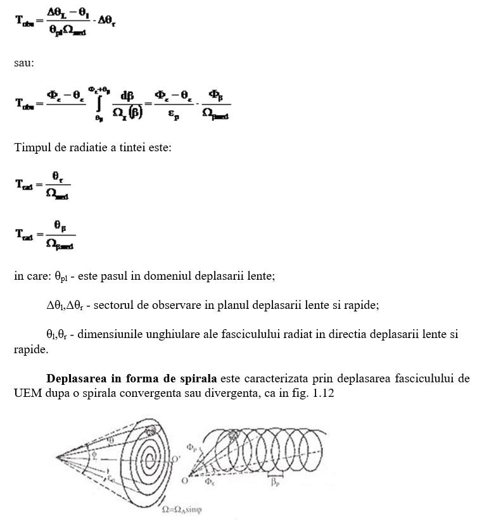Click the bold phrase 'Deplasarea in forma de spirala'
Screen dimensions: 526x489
coord(131,379)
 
